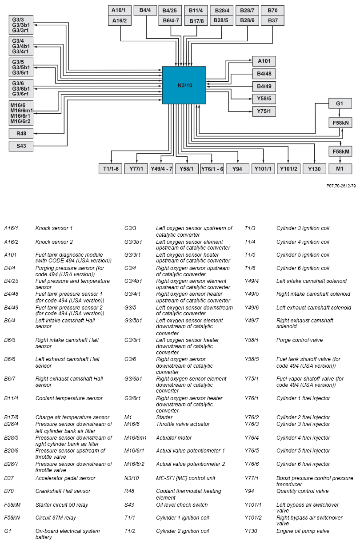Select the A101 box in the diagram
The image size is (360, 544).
coord(264,61)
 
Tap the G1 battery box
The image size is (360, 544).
coord(340,103)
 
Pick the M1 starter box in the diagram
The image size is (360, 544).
coord(340,169)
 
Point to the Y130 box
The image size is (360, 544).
coord(314,169)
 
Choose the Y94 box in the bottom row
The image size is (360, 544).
coord(237,169)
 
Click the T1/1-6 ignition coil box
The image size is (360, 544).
coord(110,169)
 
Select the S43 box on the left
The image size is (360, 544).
coord(21,146)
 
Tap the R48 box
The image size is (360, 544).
coord(21,133)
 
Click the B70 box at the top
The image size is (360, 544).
coord(272,10)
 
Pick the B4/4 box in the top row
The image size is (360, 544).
coord(145,10)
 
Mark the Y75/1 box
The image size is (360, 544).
coord(264,111)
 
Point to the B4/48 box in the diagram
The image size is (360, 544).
coord(264,73)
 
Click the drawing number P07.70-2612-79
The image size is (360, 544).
coord(340,186)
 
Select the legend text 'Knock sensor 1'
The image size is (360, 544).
coord(54,228)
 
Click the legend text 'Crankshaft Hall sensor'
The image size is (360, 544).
coord(63,491)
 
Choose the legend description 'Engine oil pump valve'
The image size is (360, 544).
coord(303,531)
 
